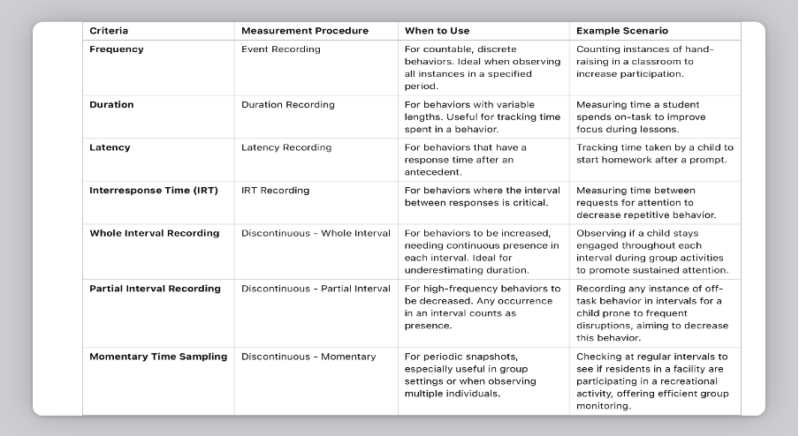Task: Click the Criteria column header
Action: (x=109, y=31)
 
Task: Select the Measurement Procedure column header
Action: (x=305, y=31)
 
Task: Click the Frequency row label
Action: (x=117, y=49)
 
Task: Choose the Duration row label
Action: (x=112, y=104)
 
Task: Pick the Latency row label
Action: (x=110, y=147)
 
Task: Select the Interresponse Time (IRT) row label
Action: (x=154, y=190)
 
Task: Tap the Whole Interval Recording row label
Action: (x=155, y=233)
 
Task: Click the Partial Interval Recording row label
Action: (x=156, y=289)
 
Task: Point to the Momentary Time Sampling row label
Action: (x=158, y=357)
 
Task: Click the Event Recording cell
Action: (x=281, y=49)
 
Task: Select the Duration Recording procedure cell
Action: (x=288, y=104)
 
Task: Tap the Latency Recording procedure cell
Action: (x=286, y=147)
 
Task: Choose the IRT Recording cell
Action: (x=276, y=190)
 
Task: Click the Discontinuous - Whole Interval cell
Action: (x=316, y=233)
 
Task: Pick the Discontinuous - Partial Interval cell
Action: (x=316, y=289)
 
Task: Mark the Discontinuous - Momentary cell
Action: (x=308, y=357)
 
